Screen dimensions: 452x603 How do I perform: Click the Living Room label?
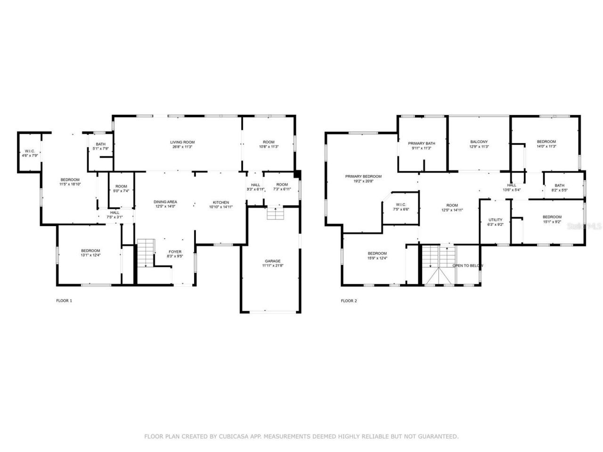(x=182, y=142)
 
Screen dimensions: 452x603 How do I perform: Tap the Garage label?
(x=272, y=261)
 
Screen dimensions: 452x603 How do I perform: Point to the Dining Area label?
(x=165, y=202)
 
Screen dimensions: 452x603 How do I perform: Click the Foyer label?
(x=175, y=252)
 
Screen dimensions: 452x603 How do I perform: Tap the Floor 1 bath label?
(x=100, y=145)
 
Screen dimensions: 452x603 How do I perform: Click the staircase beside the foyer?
(x=146, y=253)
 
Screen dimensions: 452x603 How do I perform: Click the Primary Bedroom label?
(x=363, y=177)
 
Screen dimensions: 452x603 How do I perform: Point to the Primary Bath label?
(x=422, y=144)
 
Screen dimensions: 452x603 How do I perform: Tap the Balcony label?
(x=479, y=142)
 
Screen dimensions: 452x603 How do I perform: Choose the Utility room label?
(x=496, y=220)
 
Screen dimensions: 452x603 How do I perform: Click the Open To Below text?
(x=468, y=266)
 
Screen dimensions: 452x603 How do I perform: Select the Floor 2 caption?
(x=349, y=300)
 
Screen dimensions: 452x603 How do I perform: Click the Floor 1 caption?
(x=64, y=300)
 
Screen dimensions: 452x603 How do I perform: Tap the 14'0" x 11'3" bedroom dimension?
(x=546, y=146)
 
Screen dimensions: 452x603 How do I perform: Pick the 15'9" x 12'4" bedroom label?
(x=377, y=253)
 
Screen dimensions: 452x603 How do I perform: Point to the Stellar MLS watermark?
(x=585, y=226)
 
